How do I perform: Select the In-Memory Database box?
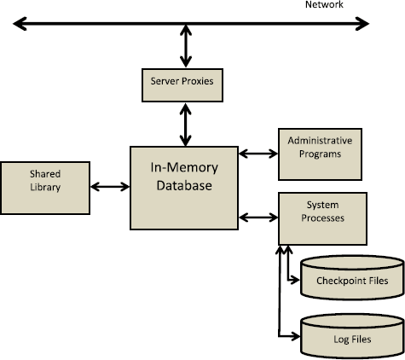point(183,187)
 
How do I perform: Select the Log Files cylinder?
point(351,334)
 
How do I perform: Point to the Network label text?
point(324,5)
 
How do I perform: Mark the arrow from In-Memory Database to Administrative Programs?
point(258,154)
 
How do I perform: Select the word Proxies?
point(201,83)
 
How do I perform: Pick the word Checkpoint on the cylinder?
point(336,281)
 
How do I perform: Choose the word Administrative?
point(319,140)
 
